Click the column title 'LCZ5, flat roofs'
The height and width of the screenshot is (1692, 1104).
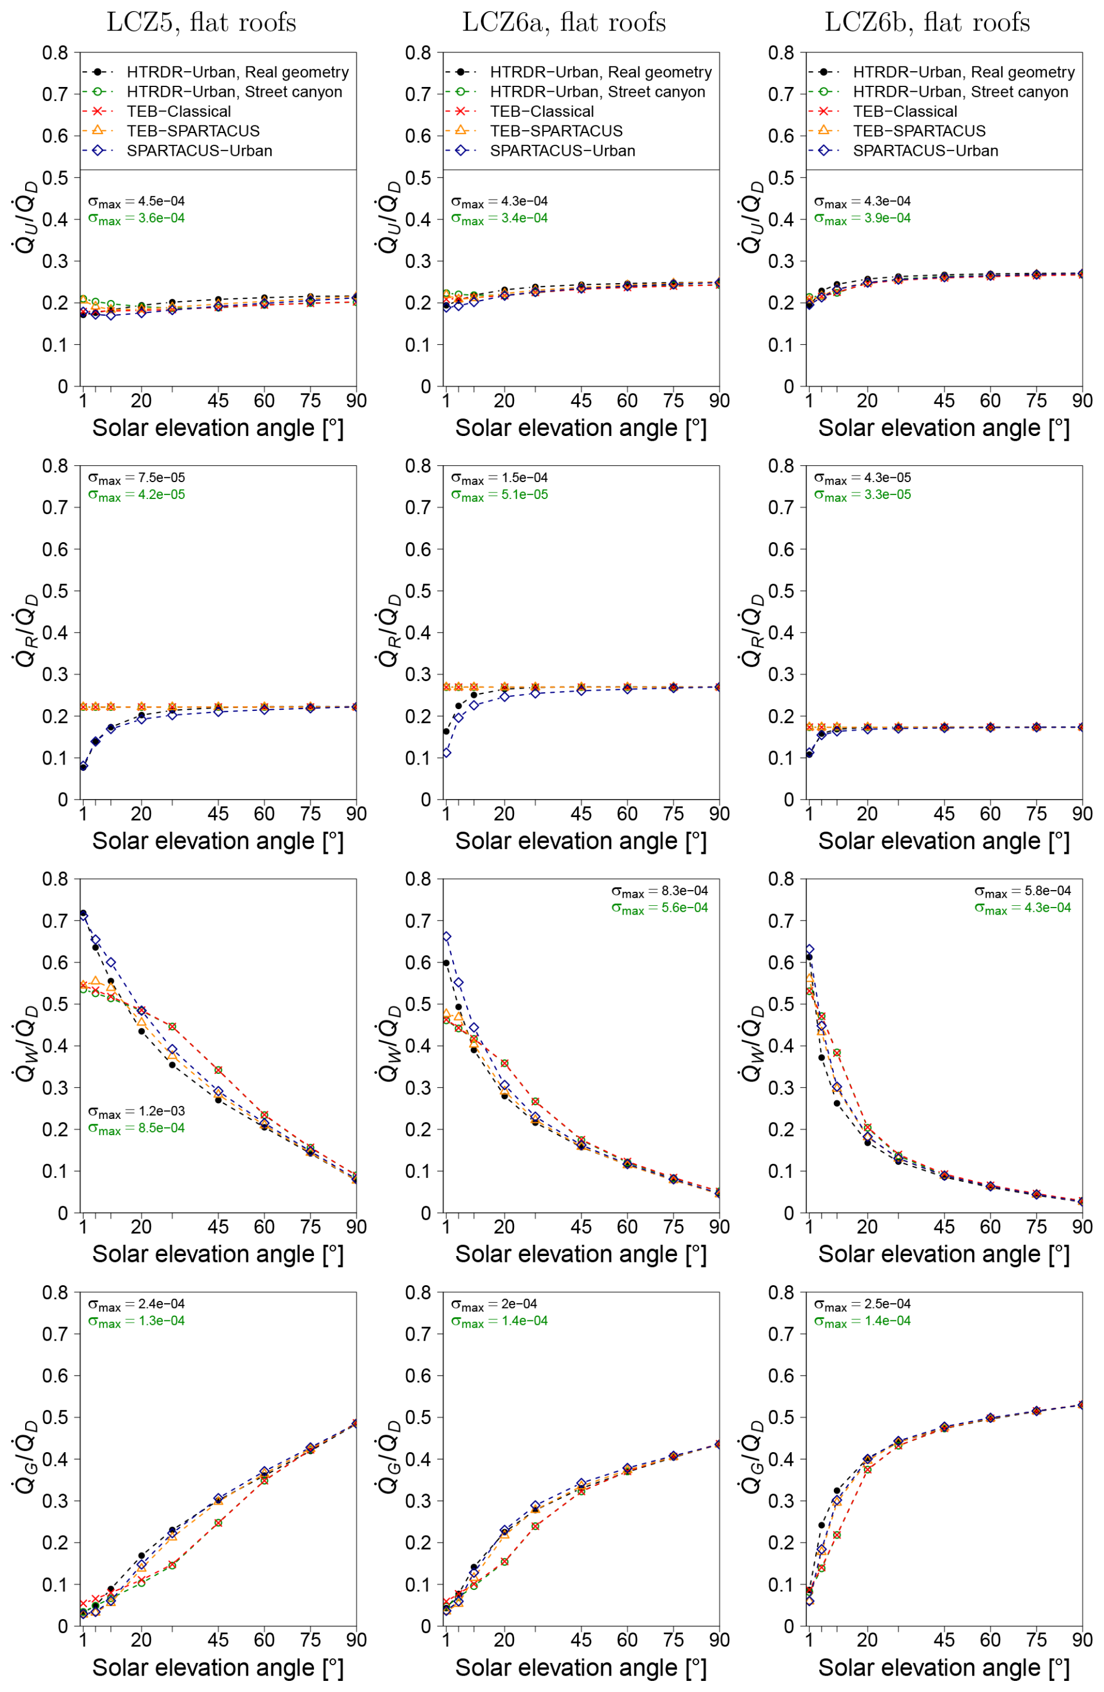pos(201,23)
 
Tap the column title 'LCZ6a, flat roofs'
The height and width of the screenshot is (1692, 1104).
pos(564,23)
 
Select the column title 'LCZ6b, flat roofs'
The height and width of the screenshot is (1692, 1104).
pos(927,23)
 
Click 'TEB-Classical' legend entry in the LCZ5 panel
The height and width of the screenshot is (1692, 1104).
pos(179,111)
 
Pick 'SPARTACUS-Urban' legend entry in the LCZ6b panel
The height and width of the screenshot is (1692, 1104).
pos(925,151)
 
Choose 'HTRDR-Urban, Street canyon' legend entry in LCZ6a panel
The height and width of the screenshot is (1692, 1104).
pos(597,92)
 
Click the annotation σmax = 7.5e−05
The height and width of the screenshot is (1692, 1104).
pos(137,478)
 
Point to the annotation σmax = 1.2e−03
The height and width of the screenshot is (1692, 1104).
pos(137,1111)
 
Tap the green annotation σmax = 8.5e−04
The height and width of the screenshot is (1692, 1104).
pos(137,1128)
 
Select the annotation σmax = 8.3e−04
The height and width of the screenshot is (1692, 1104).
pos(660,891)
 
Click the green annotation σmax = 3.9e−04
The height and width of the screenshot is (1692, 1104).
pos(862,218)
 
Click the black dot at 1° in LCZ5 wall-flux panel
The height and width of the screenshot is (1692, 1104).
pos(83,913)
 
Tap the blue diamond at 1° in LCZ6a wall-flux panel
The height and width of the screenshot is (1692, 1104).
pos(446,937)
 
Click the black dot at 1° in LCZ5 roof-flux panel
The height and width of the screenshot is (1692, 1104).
pos(83,767)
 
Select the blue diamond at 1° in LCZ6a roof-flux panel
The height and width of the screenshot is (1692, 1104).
pos(446,753)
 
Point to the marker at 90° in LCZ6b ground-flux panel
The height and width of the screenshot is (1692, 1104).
pos(1082,1405)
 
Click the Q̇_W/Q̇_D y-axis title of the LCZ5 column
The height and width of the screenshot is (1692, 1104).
pos(27,1045)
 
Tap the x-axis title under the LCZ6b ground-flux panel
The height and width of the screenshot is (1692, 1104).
pos(944,1668)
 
